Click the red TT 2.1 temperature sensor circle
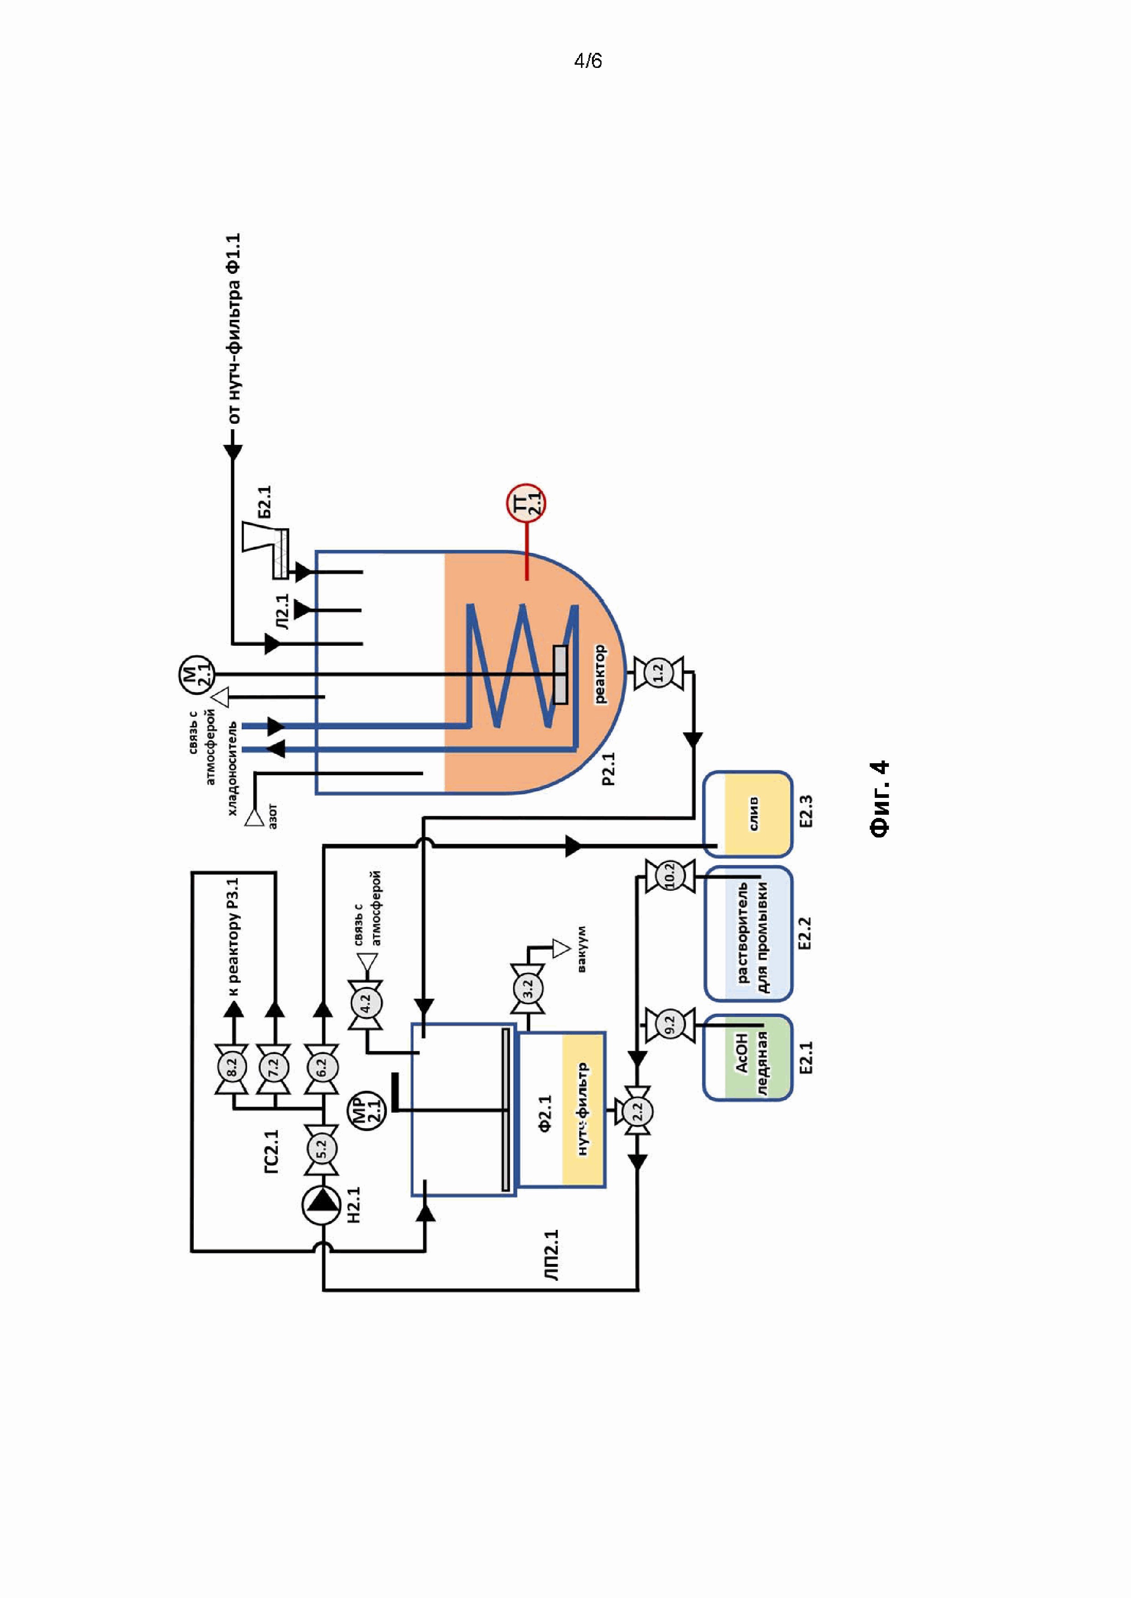pos(526,503)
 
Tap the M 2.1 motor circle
pos(196,674)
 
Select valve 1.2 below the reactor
pos(658,673)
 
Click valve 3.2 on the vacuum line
pos(527,988)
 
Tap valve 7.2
pos(273,1064)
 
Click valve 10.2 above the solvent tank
pos(669,876)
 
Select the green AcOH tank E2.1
pos(748,1057)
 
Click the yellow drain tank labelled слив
pos(748,814)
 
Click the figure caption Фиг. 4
pos(880,799)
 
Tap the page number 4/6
pos(588,61)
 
